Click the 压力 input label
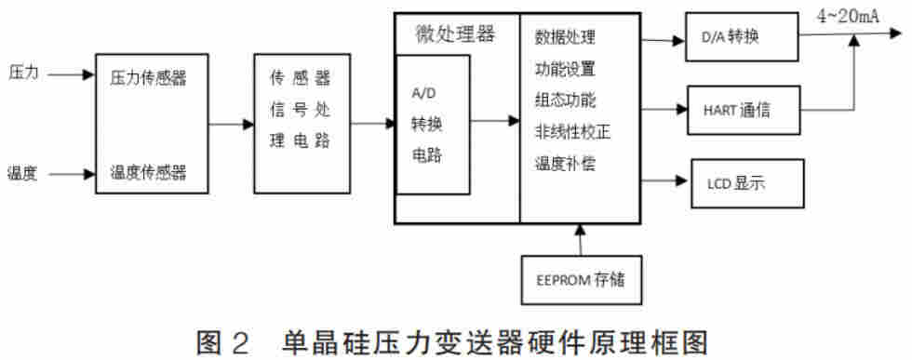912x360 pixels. click(x=23, y=72)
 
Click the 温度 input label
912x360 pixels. click(x=23, y=172)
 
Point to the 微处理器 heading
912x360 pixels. click(x=455, y=34)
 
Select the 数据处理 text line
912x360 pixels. click(x=565, y=38)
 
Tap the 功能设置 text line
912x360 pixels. click(x=565, y=69)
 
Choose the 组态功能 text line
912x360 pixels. click(x=565, y=100)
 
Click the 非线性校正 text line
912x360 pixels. click(x=572, y=131)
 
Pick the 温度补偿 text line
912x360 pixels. click(x=565, y=164)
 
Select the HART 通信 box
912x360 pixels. click(x=741, y=111)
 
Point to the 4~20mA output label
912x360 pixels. click(x=850, y=14)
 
